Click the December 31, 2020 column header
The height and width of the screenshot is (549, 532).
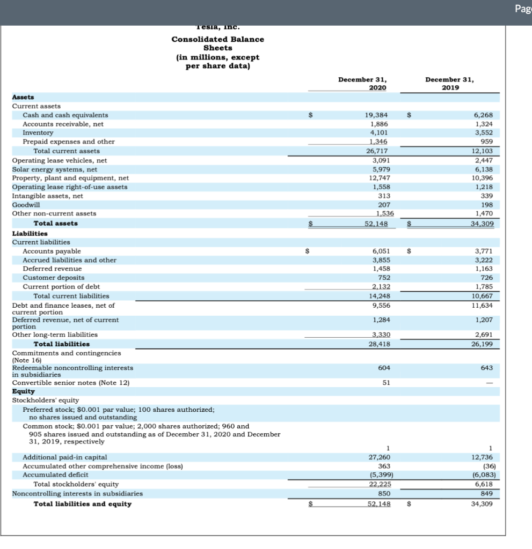pyautogui.click(x=362, y=83)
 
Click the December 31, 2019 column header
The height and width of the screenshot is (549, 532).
pyautogui.click(x=450, y=83)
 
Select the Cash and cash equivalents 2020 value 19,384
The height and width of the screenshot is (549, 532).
pyautogui.click(x=376, y=115)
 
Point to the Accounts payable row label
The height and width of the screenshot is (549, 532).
pyautogui.click(x=52, y=251)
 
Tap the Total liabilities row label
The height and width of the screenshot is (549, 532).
pyautogui.click(x=61, y=344)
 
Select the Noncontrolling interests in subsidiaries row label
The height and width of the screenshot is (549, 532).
pyautogui.click(x=77, y=493)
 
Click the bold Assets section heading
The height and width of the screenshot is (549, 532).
pyautogui.click(x=23, y=97)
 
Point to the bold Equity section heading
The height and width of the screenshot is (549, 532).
pyautogui.click(x=23, y=391)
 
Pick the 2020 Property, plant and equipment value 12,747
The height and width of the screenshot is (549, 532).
pyautogui.click(x=376, y=177)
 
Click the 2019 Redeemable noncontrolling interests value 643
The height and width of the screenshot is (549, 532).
pyautogui.click(x=493, y=368)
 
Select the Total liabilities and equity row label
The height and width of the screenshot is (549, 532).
pyautogui.click(x=82, y=503)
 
